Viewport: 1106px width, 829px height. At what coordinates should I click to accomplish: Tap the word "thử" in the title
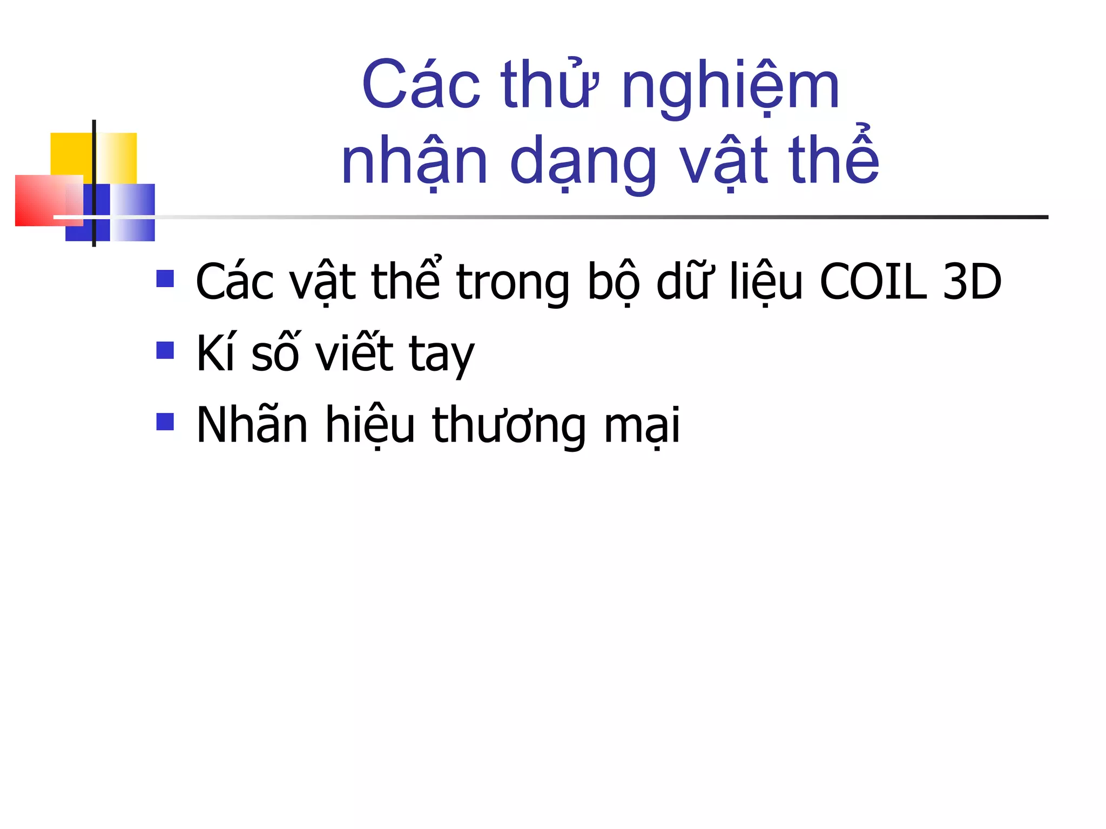click(549, 86)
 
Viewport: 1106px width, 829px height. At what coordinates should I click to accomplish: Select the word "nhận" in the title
click(415, 162)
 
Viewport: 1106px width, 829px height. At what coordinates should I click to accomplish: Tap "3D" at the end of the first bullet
click(972, 282)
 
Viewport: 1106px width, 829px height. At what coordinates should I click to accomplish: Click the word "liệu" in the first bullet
click(766, 282)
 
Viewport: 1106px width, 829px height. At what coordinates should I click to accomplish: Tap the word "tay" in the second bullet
click(442, 356)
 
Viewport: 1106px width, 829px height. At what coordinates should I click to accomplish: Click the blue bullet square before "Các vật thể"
click(165, 278)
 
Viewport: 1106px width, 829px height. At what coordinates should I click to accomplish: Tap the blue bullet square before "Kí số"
click(165, 350)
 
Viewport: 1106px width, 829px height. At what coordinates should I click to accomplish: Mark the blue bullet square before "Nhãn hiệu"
click(165, 422)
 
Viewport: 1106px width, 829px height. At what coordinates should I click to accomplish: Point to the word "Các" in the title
click(421, 86)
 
